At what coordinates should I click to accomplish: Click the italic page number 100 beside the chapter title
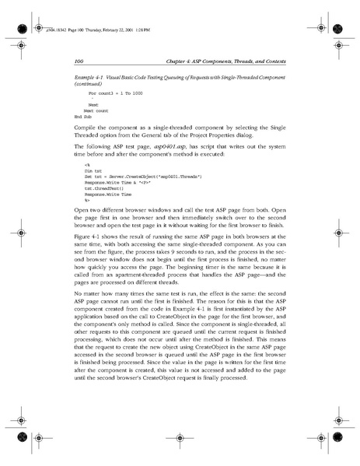pyautogui.click(x=78, y=60)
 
